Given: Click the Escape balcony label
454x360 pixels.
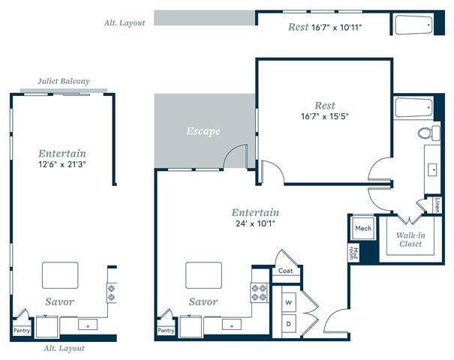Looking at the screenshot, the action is tap(203, 131).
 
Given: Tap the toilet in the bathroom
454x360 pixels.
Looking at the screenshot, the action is tap(429, 133).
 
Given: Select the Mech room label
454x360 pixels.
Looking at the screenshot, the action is tap(363, 228).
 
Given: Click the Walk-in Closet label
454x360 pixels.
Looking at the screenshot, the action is tap(410, 239).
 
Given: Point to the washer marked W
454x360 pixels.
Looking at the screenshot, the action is tap(289, 303).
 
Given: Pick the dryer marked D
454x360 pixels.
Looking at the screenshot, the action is tap(289, 324).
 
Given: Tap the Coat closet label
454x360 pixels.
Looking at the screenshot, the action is tap(285, 271).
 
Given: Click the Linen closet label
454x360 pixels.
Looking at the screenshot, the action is tap(437, 205).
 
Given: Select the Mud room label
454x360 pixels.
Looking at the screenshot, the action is tap(353, 253).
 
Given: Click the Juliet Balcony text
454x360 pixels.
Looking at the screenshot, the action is tap(64, 81).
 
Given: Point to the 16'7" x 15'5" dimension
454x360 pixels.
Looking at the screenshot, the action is tap(325, 116).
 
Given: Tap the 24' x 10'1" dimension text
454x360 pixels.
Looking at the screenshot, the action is tap(255, 223).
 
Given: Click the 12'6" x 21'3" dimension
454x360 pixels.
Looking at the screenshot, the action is tap(62, 165).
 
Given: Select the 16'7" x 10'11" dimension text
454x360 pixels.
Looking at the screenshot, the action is tap(336, 28).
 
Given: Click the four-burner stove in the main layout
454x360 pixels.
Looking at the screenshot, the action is tap(260, 292).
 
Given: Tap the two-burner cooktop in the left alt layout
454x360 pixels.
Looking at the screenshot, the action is tap(112, 292).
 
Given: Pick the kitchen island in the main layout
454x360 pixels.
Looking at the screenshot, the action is tap(203, 275).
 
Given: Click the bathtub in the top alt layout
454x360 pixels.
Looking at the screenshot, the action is tap(413, 25).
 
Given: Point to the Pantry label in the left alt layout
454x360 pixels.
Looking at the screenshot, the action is tap(22, 330).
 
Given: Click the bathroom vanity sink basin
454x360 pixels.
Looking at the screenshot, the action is tap(432, 169).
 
